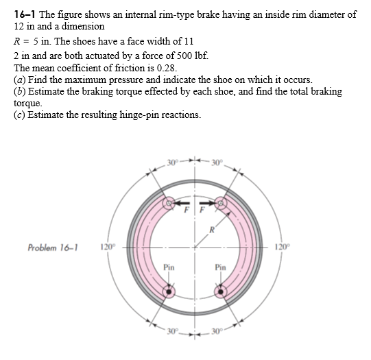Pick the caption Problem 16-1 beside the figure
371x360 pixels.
pyautogui.click(x=51, y=247)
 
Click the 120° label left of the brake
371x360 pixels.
pyautogui.click(x=107, y=247)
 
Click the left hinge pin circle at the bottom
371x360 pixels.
pyautogui.click(x=169, y=291)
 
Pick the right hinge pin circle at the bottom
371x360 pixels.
pyautogui.click(x=221, y=291)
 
